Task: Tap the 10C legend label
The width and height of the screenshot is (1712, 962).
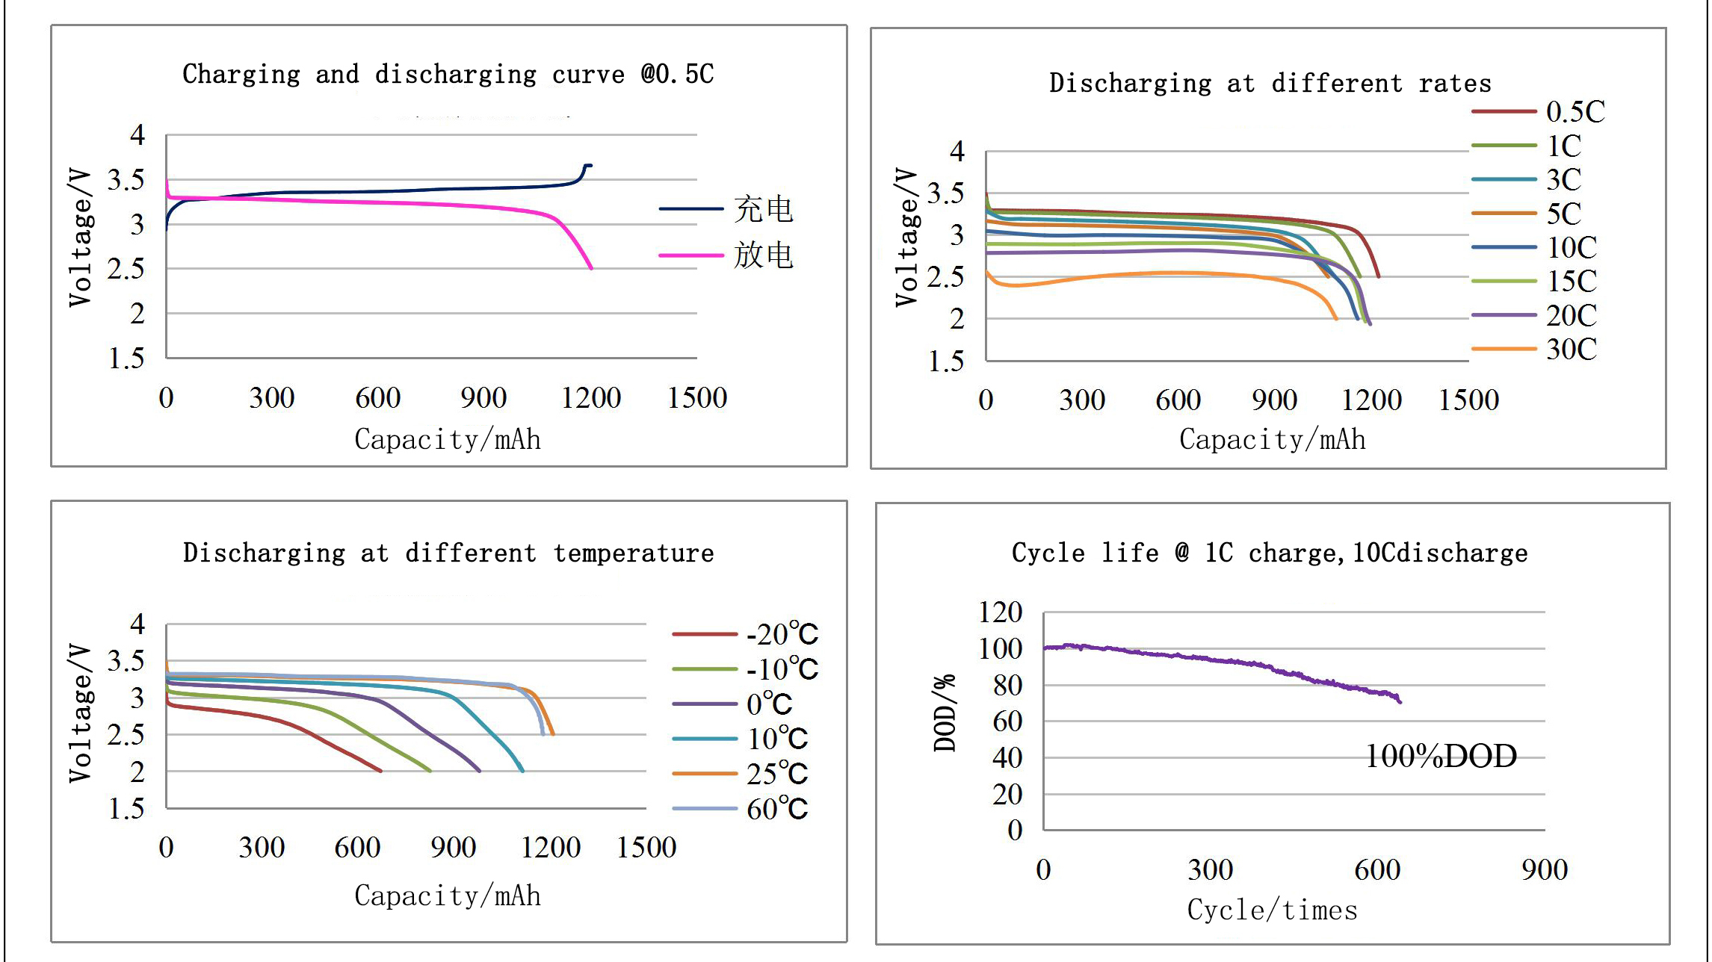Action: pyautogui.click(x=1572, y=247)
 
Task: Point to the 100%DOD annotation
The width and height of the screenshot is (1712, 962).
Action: pyautogui.click(x=1441, y=756)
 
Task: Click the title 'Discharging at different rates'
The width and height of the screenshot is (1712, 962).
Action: pyautogui.click(x=1270, y=83)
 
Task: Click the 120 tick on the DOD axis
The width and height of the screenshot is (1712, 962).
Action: pyautogui.click(x=1000, y=612)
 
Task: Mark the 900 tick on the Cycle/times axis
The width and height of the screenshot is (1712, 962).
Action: pyautogui.click(x=1545, y=870)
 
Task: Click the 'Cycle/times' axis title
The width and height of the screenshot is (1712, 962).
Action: pyautogui.click(x=1272, y=910)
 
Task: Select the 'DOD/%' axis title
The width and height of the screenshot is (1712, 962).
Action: pyautogui.click(x=945, y=713)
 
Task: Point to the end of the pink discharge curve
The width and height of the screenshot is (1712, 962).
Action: pyautogui.click(x=592, y=268)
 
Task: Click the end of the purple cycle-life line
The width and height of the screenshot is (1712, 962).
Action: pyautogui.click(x=1400, y=702)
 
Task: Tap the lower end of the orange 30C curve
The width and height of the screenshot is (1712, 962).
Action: pyautogui.click(x=1336, y=319)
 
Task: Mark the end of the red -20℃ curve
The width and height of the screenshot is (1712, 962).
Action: pyautogui.click(x=381, y=771)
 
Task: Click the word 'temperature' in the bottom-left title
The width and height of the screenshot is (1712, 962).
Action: pyautogui.click(x=634, y=553)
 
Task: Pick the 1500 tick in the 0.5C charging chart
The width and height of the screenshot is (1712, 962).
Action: pyautogui.click(x=696, y=398)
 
